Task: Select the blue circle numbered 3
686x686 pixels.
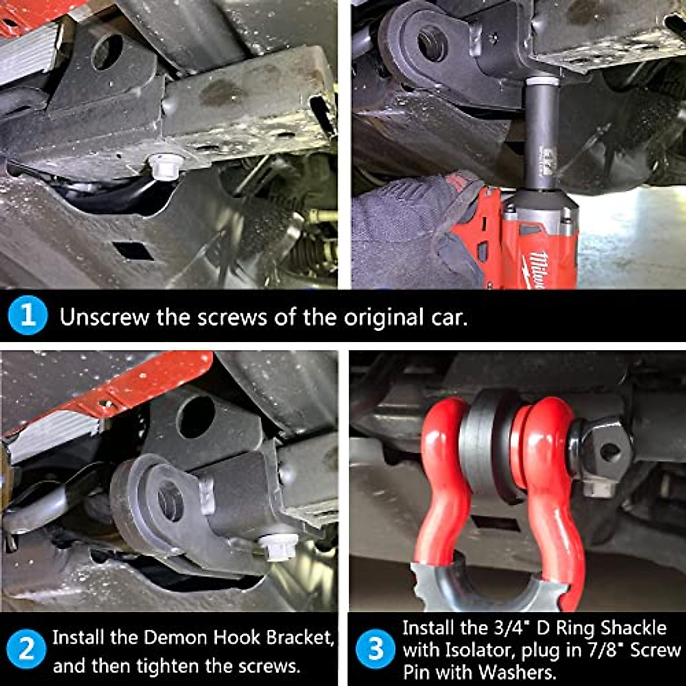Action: coord(376,649)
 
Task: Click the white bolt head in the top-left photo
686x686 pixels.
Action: coord(166,165)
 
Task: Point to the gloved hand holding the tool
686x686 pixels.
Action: coord(412,229)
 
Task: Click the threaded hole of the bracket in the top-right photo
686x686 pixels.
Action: coord(432,43)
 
